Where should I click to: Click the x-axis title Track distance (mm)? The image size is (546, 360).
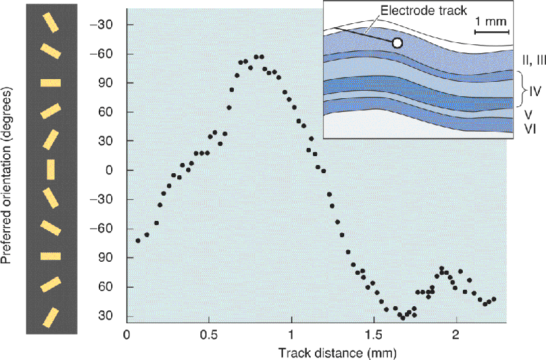(x=337, y=353)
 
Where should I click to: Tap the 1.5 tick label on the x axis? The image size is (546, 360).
(x=374, y=335)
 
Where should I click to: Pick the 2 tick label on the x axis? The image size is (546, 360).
(x=456, y=335)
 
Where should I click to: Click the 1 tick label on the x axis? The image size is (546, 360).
(x=291, y=335)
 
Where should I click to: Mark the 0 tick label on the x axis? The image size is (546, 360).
(x=127, y=335)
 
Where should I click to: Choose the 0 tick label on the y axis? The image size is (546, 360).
(x=110, y=170)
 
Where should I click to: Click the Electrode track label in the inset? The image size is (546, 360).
(x=423, y=10)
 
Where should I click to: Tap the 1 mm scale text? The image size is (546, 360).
(x=491, y=22)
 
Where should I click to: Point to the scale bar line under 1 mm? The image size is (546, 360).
(x=492, y=31)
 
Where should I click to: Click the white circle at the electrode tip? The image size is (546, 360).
(x=397, y=43)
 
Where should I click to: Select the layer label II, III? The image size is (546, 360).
(x=534, y=60)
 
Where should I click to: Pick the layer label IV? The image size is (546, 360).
(x=535, y=91)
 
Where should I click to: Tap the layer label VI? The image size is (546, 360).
(x=530, y=129)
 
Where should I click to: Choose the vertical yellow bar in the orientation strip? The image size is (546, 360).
(x=51, y=170)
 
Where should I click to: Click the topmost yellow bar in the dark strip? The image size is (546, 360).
(x=51, y=22)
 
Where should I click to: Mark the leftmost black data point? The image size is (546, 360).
(x=138, y=241)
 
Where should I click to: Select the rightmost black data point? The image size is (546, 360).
(x=494, y=299)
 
